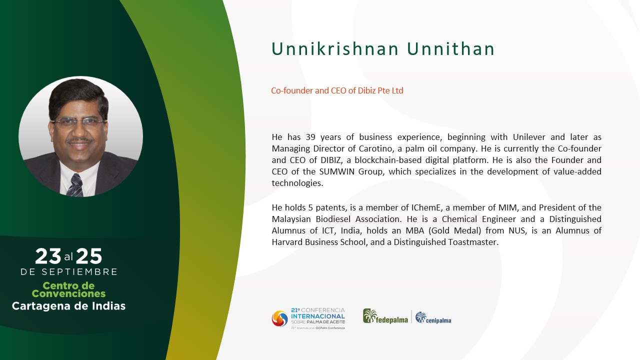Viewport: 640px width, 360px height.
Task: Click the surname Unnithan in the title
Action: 450,49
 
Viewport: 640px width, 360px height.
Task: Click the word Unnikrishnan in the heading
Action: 335,49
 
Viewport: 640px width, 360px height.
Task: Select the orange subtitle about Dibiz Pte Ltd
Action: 337,90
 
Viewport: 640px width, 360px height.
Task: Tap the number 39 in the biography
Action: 310,137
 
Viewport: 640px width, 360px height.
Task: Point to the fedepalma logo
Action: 385,316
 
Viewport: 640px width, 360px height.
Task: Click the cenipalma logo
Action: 433,317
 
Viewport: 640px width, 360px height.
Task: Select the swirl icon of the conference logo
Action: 279,318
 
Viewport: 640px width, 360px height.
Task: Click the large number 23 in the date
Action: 48,256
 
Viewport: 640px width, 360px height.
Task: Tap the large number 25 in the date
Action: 89,256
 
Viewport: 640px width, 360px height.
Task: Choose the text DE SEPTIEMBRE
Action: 69,272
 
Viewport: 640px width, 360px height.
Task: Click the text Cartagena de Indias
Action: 68,306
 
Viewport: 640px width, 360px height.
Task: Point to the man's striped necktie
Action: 75,185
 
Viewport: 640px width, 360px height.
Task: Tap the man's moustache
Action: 80,140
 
